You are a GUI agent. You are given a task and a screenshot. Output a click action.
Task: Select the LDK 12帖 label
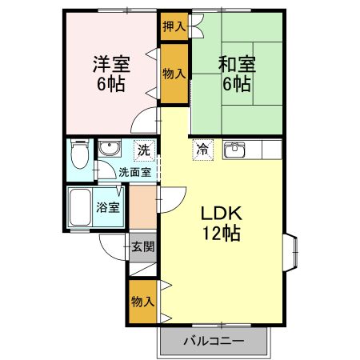click(x=221, y=223)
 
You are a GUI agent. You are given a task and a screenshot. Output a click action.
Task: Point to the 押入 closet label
click(x=174, y=26)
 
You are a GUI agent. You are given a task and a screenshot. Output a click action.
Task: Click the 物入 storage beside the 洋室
click(x=174, y=74)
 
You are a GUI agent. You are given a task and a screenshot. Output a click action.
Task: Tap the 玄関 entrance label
click(x=142, y=247)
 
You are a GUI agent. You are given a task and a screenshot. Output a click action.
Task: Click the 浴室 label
click(x=109, y=207)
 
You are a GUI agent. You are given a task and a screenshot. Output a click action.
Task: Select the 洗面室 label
click(x=130, y=171)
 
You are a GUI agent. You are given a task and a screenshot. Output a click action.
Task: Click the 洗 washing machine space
click(x=142, y=150)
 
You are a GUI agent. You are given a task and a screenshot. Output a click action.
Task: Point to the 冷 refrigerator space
click(x=202, y=149)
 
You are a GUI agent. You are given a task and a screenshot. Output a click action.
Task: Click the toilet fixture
click(x=79, y=153)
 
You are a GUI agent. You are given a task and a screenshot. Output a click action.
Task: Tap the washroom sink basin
click(x=108, y=149)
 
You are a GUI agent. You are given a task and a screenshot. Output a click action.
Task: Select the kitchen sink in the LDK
click(x=235, y=150)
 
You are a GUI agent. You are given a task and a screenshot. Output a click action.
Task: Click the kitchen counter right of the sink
click(x=266, y=150)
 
